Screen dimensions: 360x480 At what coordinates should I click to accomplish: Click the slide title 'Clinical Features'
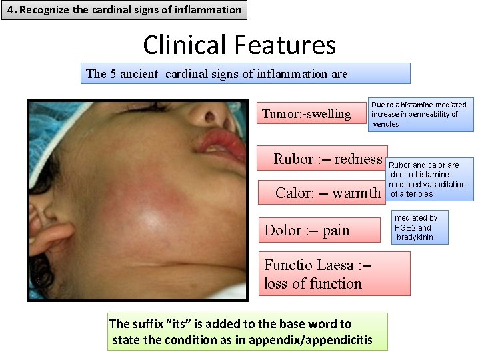[239, 45]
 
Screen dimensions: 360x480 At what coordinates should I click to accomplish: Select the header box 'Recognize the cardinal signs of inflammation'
[124, 10]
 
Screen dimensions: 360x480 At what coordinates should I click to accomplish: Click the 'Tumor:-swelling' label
[307, 114]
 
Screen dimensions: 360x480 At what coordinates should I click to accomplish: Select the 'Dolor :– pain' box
[307, 231]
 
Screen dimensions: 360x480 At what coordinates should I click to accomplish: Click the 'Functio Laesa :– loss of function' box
[335, 274]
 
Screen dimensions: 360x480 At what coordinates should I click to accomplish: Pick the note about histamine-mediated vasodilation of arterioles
[429, 179]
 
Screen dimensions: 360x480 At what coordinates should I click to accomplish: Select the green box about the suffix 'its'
[247, 332]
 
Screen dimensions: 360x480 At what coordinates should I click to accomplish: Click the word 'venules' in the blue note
[386, 124]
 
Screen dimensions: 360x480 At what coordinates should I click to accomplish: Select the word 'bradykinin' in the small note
[415, 237]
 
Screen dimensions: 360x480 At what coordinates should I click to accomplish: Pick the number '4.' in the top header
[11, 10]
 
